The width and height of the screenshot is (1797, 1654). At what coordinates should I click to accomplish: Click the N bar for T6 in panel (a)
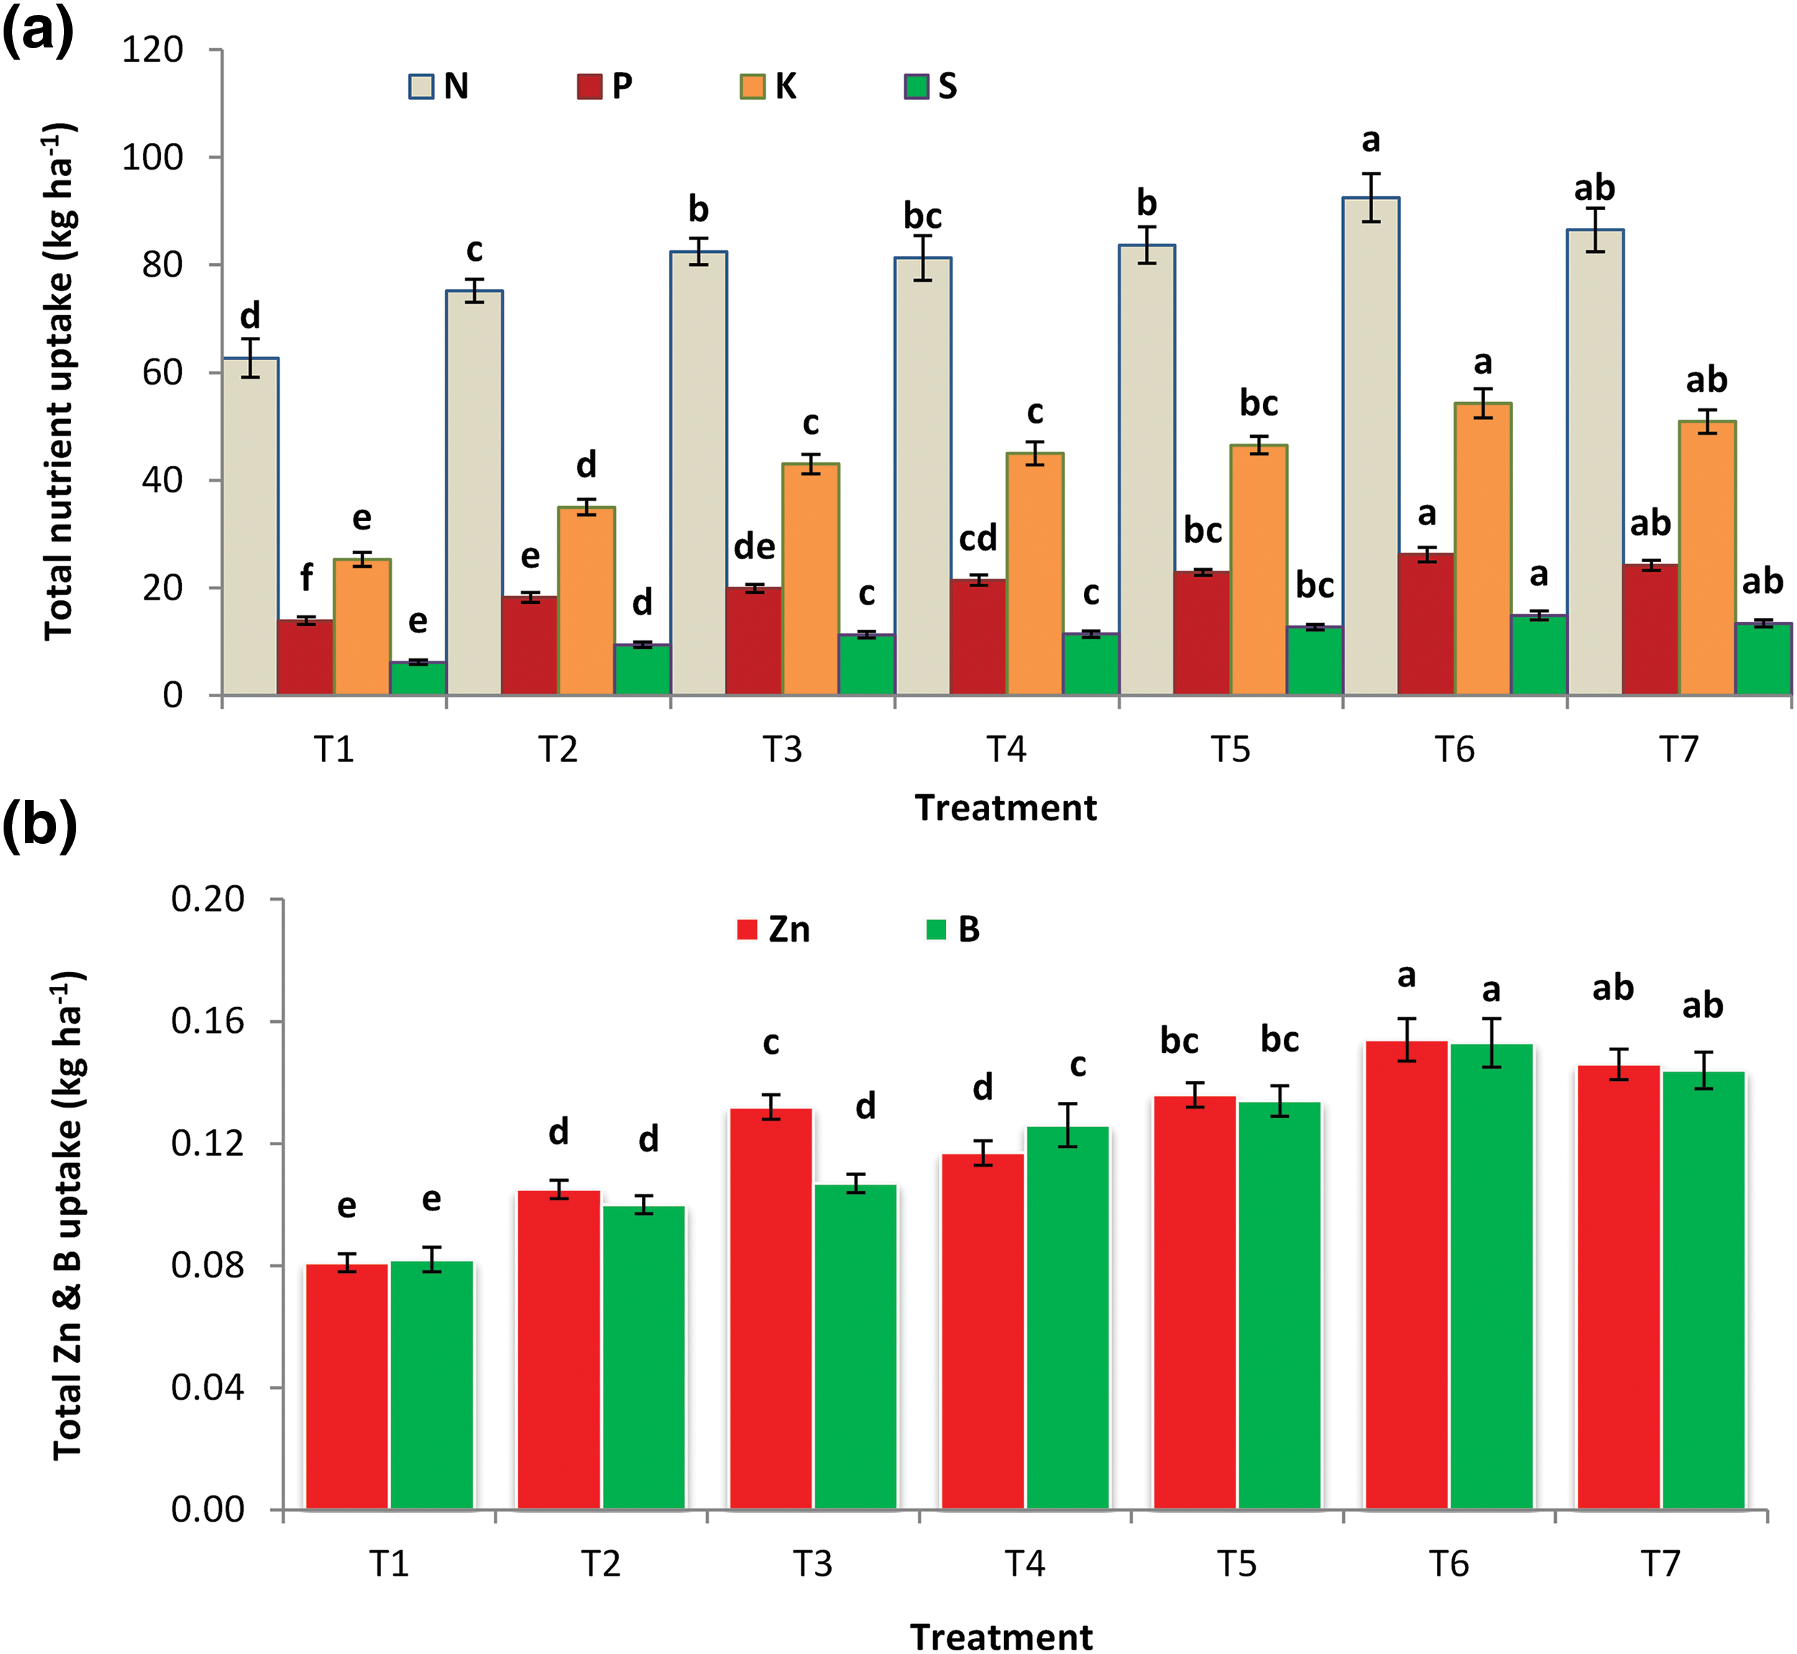point(1371,448)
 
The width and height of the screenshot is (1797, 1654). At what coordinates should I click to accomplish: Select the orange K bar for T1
point(362,628)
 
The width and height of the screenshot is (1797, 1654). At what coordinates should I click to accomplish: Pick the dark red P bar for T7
point(1650,630)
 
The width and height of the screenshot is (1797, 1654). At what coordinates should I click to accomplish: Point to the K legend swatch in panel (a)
point(752,87)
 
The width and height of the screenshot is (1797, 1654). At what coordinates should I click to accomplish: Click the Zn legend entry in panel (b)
point(772,930)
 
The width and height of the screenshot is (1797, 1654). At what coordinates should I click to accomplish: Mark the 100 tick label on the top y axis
point(152,157)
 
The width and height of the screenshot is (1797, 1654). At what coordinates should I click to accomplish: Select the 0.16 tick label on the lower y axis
point(208,1021)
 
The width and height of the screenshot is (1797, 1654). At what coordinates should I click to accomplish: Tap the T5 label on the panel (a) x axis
point(1231,749)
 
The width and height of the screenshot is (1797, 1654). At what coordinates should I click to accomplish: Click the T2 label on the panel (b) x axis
point(600,1563)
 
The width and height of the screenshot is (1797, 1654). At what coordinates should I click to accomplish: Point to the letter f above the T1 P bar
point(306,577)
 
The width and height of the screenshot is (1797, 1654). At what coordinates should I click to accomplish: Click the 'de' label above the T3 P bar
point(755,547)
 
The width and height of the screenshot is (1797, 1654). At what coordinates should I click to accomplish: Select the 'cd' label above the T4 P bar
point(978,539)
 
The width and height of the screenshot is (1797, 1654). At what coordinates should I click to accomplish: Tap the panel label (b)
point(39,824)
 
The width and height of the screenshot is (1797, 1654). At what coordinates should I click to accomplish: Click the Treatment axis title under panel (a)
point(1005,808)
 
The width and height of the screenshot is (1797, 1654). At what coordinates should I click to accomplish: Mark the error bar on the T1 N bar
point(251,358)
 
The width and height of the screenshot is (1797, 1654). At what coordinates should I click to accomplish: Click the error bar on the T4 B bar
point(1067,1125)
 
